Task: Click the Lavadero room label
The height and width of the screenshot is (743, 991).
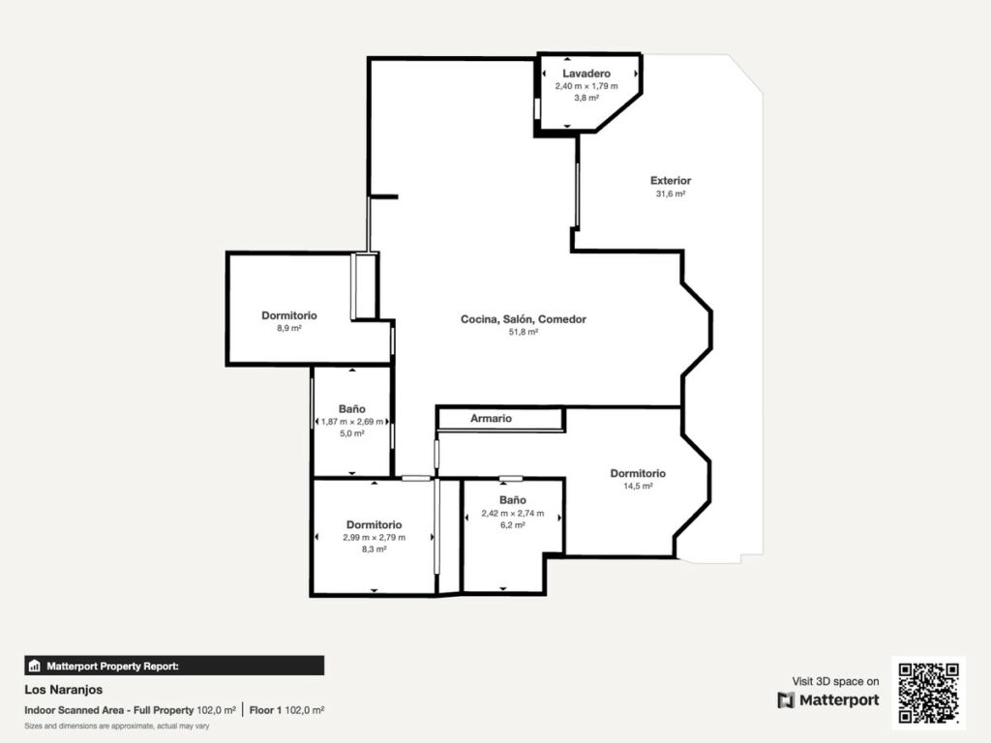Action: (x=586, y=74)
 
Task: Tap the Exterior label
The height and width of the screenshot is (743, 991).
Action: (x=671, y=181)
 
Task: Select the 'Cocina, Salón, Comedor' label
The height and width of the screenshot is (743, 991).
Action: (x=524, y=319)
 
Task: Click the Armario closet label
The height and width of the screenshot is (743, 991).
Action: (x=491, y=418)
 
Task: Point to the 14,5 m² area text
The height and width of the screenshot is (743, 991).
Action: (x=638, y=486)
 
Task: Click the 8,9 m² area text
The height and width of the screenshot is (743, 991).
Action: (x=288, y=328)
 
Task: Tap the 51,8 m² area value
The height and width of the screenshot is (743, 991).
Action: (x=524, y=332)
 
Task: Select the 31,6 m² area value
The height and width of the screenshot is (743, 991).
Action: (x=671, y=193)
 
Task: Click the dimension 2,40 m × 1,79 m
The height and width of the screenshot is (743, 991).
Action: (x=586, y=86)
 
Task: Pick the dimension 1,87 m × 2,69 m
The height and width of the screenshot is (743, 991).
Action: (x=352, y=422)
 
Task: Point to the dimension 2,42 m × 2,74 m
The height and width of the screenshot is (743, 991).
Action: (x=513, y=513)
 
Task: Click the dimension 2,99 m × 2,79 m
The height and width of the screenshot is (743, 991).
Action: (x=375, y=537)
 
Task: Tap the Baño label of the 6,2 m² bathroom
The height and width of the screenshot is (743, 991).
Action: (x=513, y=500)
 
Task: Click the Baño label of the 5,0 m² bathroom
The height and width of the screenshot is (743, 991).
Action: (x=352, y=409)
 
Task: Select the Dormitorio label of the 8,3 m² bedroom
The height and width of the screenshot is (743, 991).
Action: (x=375, y=524)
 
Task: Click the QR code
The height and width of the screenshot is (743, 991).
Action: (x=928, y=693)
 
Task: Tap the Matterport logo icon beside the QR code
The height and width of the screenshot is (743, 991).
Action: (x=786, y=700)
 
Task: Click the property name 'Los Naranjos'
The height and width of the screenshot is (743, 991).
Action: (x=63, y=690)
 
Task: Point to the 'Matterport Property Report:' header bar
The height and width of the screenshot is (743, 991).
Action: (x=174, y=666)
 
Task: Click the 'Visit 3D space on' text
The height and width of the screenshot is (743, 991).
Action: (x=835, y=681)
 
